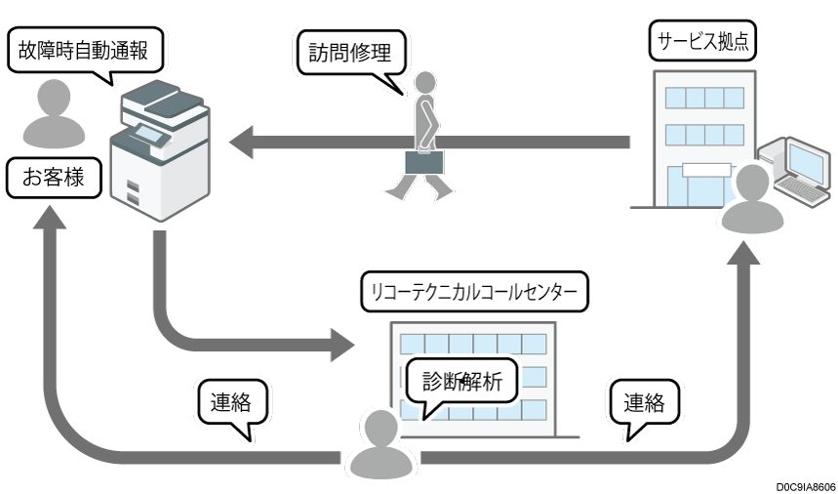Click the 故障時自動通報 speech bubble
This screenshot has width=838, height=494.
(83, 50)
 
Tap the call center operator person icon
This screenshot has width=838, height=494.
(380, 444)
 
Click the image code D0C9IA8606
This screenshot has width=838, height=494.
(805, 485)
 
